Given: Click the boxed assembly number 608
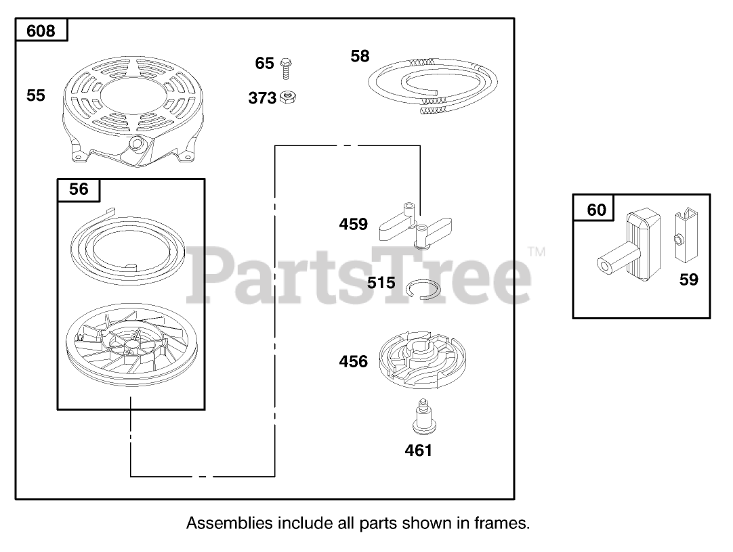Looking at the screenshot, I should [41, 30].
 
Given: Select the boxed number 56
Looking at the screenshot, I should [79, 189].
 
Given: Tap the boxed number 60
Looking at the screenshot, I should [596, 210].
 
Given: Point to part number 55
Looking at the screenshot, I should [36, 95].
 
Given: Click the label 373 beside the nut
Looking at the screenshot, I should [262, 98].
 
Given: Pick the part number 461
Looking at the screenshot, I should [418, 450].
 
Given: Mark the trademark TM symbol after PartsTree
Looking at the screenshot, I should [537, 252].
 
